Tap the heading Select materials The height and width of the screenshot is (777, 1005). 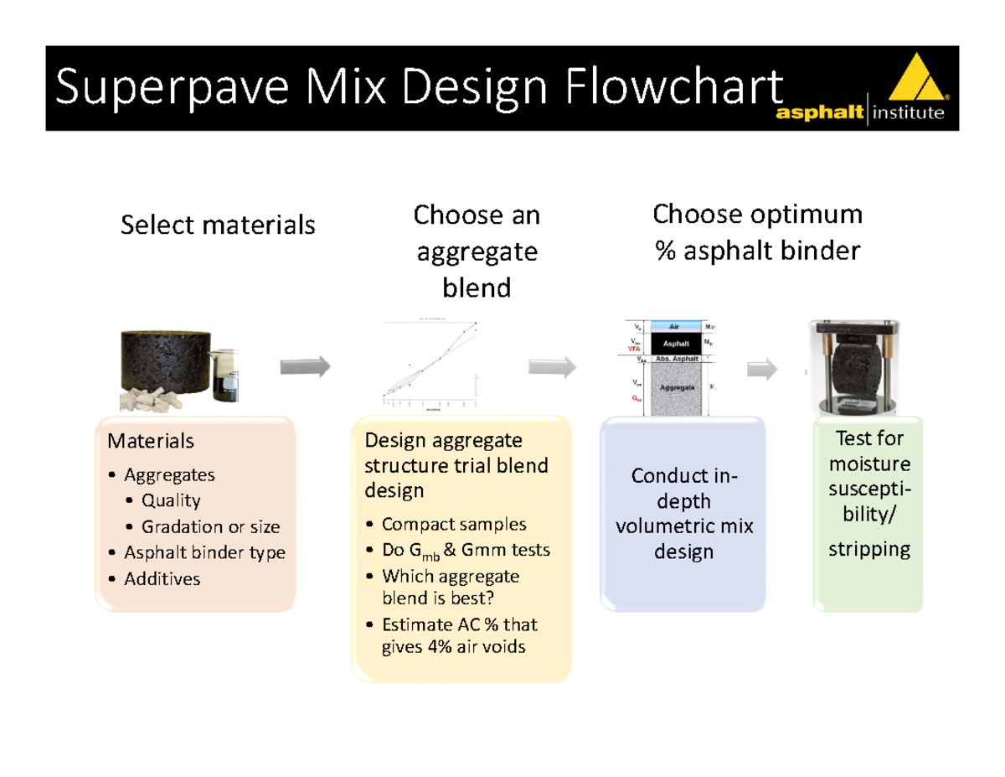point(218,225)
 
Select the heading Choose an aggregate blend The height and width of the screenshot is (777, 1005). point(477,251)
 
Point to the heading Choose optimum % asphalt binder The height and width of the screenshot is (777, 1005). point(757,232)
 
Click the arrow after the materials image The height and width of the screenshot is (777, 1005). point(306,366)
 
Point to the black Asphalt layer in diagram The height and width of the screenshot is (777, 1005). point(675,344)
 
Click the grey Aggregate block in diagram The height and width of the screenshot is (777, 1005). point(675,388)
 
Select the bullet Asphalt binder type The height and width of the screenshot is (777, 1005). point(204,552)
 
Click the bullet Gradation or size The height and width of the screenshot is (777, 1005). point(210,527)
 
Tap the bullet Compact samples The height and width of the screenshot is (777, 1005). point(454,525)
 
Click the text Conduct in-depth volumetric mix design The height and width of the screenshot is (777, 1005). point(683,515)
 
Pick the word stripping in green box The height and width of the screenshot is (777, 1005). point(868,550)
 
